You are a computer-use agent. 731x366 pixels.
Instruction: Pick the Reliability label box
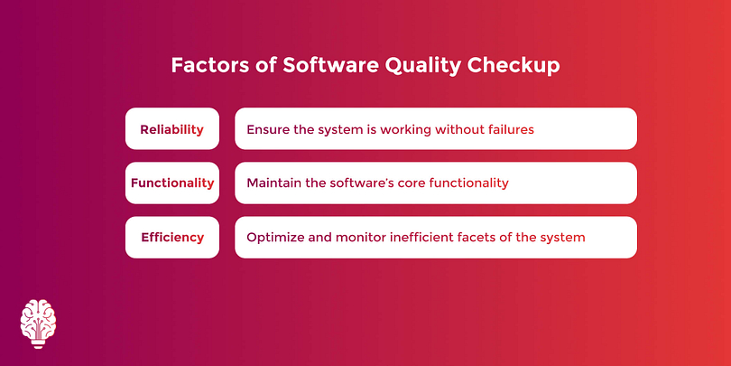click(172, 129)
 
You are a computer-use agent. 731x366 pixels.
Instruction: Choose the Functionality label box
click(172, 183)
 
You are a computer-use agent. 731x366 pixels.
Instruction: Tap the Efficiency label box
click(172, 237)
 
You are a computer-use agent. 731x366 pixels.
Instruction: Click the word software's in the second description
click(362, 183)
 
